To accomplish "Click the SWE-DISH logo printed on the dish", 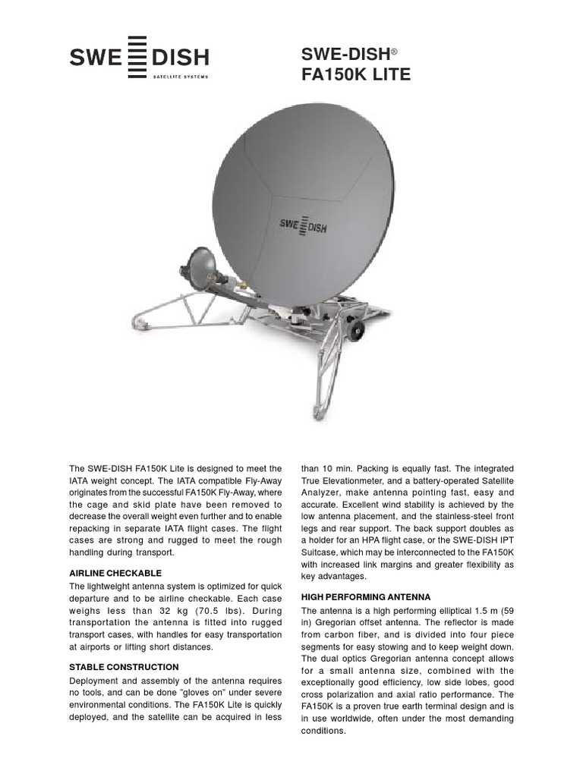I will point(302,226).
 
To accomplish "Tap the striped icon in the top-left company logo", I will point(137,56).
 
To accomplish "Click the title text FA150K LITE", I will point(356,74).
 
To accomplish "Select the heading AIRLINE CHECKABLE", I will point(115,572).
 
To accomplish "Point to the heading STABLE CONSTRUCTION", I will point(124,667).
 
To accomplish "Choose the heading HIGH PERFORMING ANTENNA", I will point(366,597).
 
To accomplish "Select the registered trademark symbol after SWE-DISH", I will point(395,52).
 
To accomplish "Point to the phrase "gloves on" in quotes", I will point(186,694).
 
